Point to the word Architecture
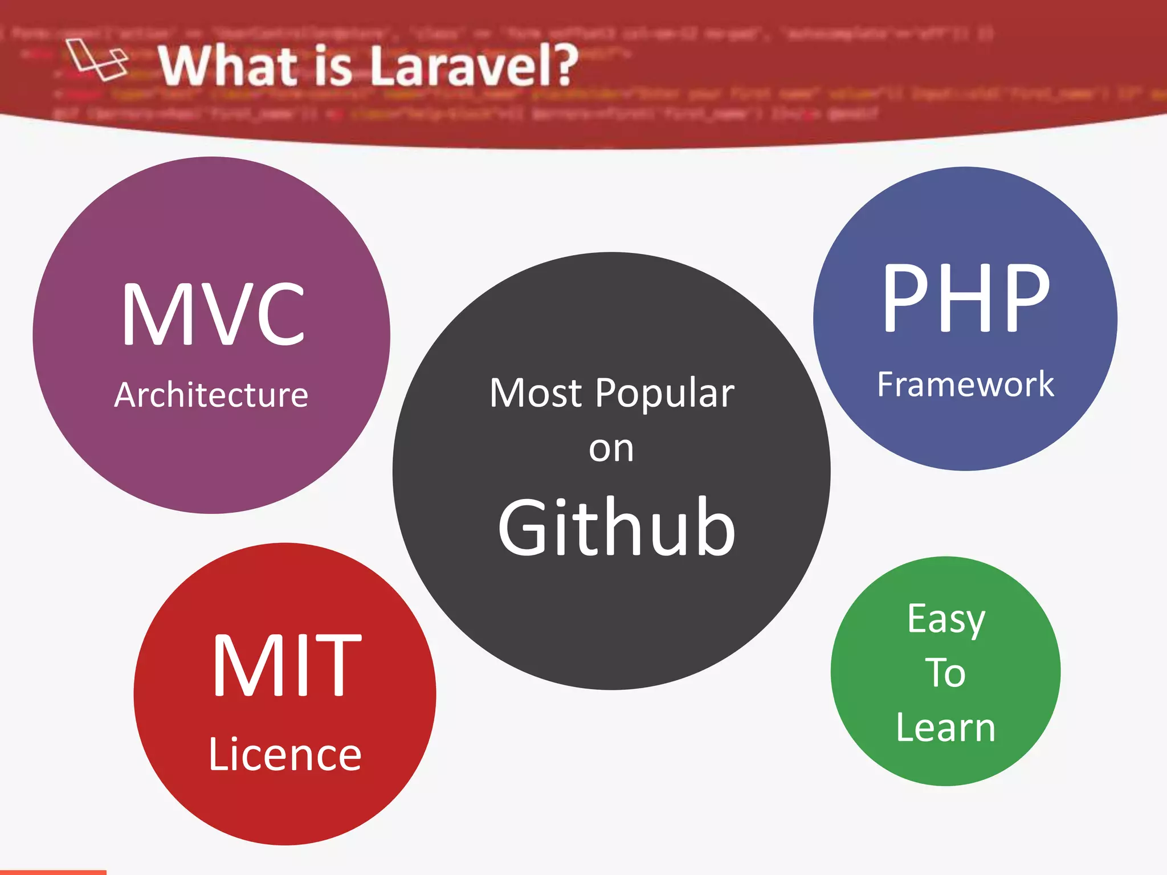[x=211, y=395]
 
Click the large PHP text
[x=966, y=299]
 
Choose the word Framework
[x=965, y=385]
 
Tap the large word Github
[x=617, y=528]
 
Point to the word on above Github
[x=611, y=449]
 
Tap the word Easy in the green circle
[x=946, y=620]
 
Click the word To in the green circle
[x=945, y=673]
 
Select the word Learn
[x=945, y=728]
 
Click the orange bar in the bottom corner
[x=53, y=872]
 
